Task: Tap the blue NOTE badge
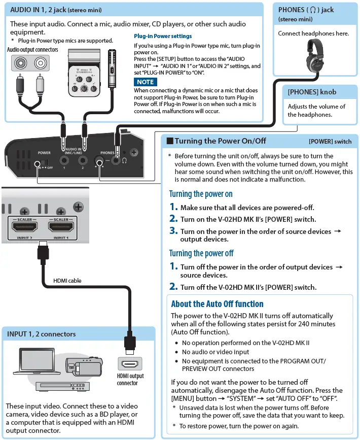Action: (145, 82)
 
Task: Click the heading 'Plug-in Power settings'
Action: (163, 37)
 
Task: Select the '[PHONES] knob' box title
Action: (312, 92)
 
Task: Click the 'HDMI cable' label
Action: (67, 281)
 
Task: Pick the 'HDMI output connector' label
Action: (131, 380)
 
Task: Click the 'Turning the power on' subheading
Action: (201, 194)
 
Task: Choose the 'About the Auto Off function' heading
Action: (217, 304)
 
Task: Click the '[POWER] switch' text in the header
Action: (330, 142)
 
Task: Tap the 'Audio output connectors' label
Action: (32, 50)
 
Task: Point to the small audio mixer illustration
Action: (86, 75)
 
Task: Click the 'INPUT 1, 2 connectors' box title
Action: (42, 334)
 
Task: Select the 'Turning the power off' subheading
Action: (201, 253)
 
